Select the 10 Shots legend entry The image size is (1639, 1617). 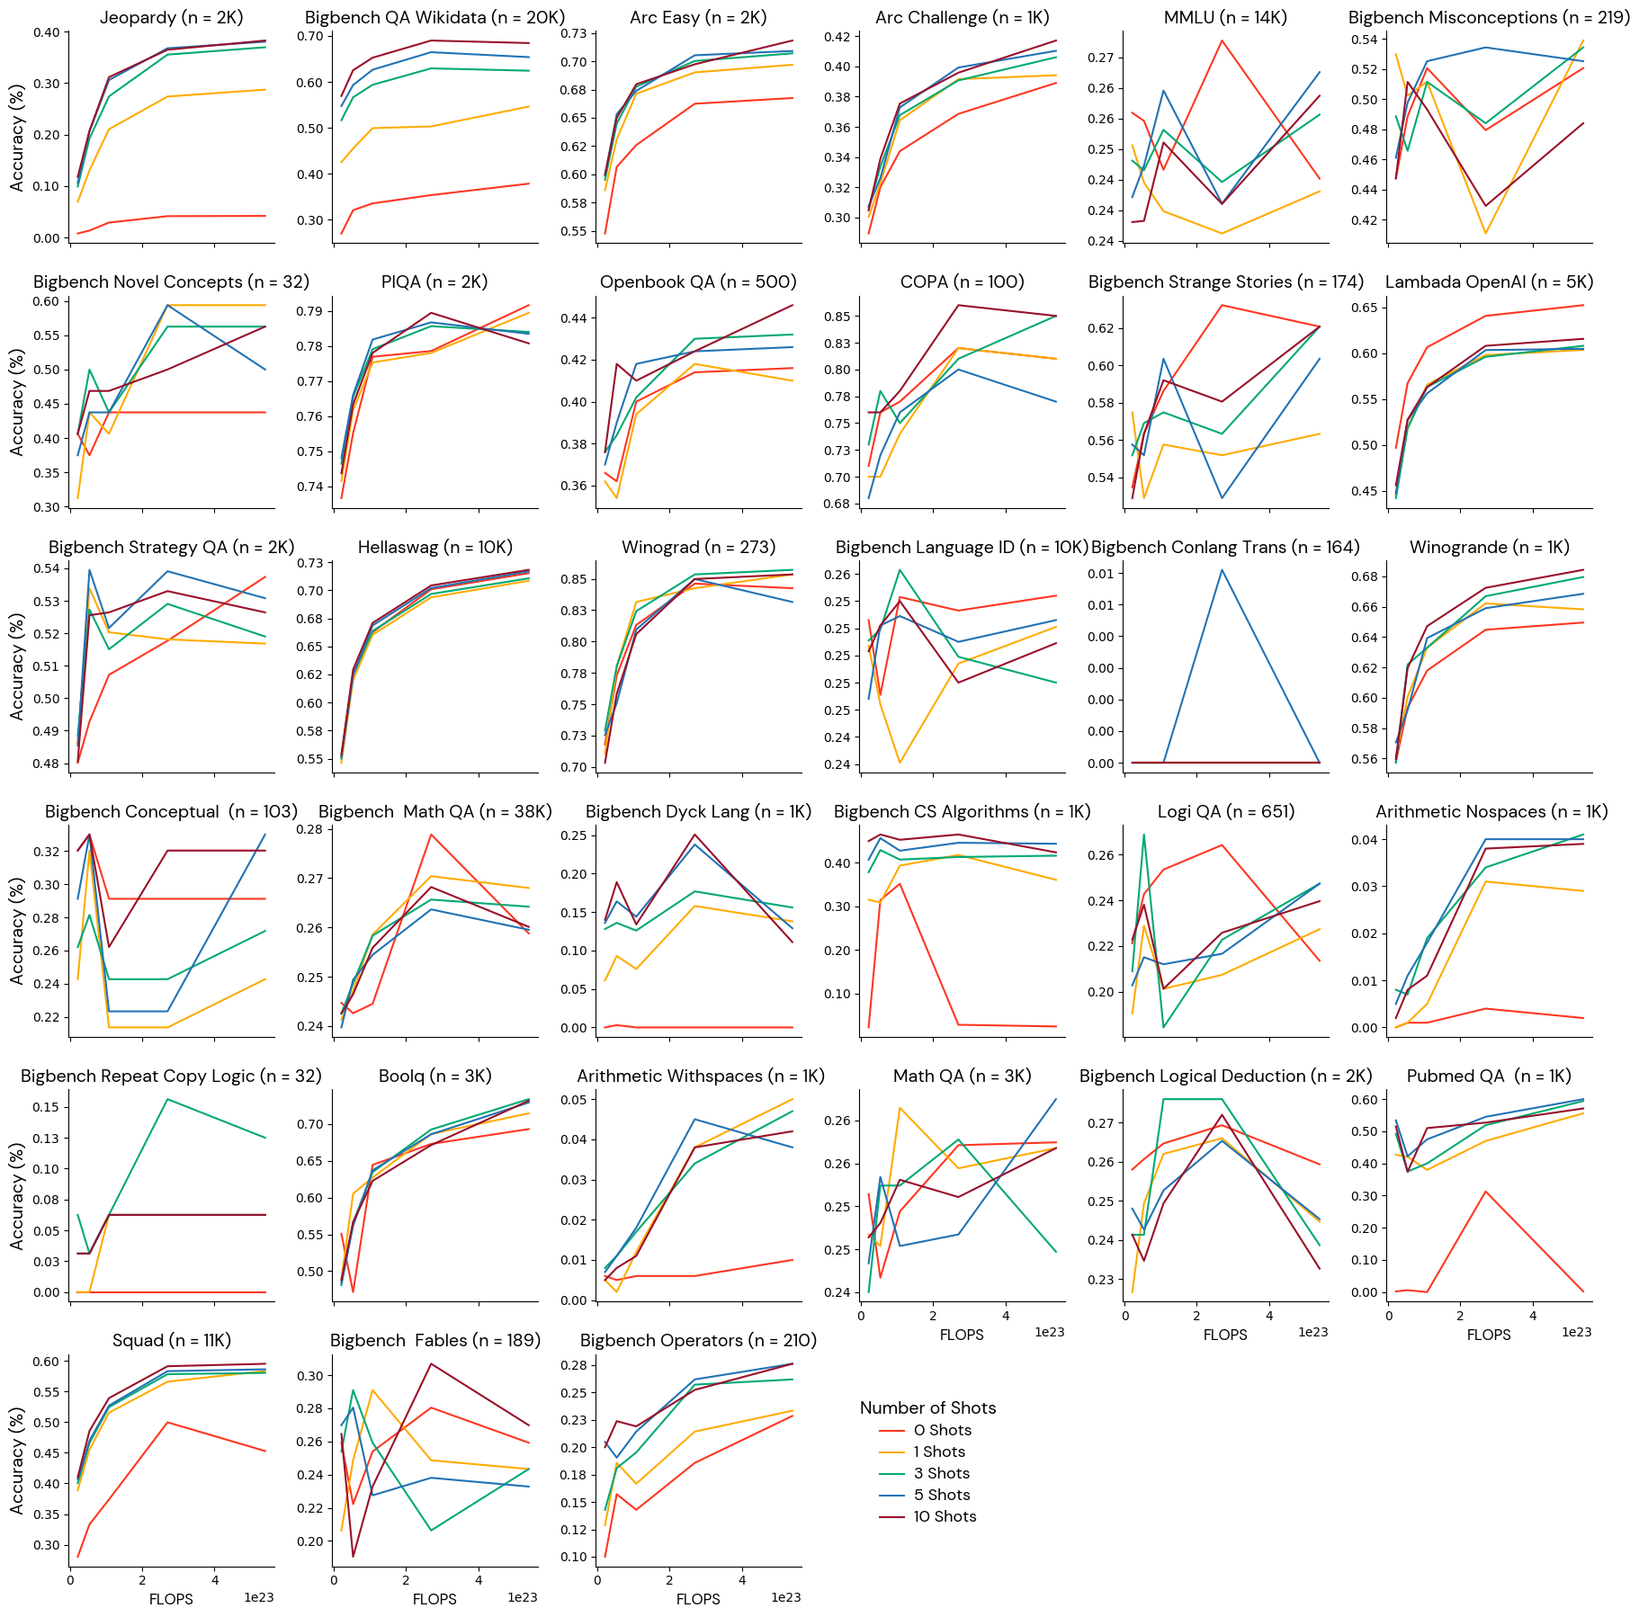(x=945, y=1516)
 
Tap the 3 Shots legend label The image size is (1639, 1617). (x=942, y=1473)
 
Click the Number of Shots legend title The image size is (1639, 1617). (x=927, y=1407)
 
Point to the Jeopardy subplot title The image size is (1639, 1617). (x=172, y=17)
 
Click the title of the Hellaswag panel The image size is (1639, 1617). (x=434, y=547)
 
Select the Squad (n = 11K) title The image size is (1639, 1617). (x=172, y=1340)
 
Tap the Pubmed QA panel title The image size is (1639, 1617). (x=1489, y=1076)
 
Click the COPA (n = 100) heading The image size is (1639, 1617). (x=962, y=281)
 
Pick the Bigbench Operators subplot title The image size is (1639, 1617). (x=698, y=1340)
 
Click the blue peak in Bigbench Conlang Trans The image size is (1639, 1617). (x=1222, y=570)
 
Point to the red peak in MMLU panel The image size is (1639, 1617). (x=1222, y=40)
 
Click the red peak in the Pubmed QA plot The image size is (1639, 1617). (x=1485, y=1192)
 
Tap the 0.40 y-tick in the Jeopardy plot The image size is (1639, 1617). (x=46, y=32)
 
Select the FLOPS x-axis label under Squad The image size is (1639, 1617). (x=171, y=1599)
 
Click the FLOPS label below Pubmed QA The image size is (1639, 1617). (x=1489, y=1335)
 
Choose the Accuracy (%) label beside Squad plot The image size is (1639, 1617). (x=17, y=1461)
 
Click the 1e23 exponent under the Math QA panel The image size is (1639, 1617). (x=1049, y=1332)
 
